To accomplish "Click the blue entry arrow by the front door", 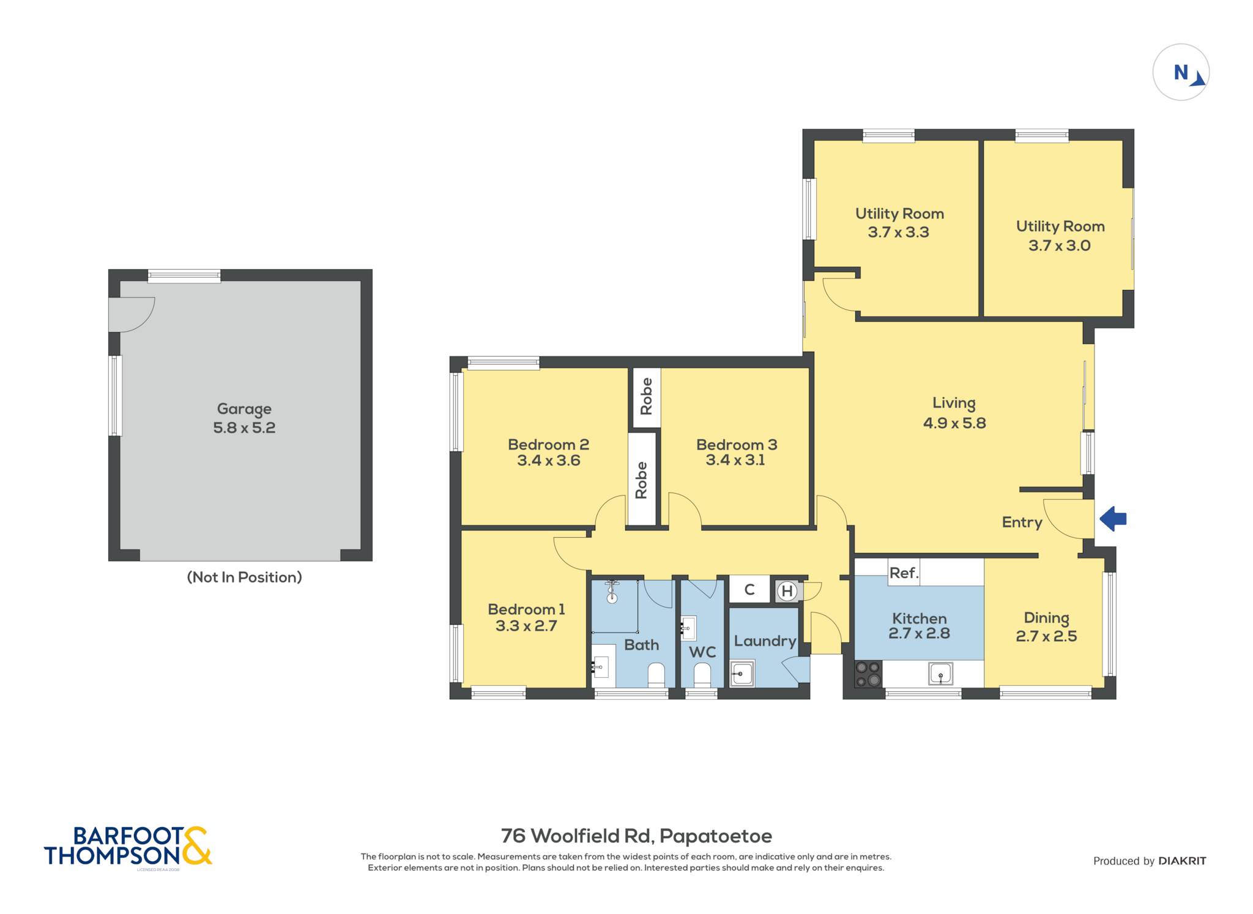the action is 1113,519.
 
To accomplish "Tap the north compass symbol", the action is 1181,72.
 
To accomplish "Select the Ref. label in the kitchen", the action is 904,573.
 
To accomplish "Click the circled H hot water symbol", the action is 787,592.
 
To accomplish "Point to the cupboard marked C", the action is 749,590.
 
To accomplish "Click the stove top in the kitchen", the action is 868,674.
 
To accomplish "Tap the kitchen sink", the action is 940,674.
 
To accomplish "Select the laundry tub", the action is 742,674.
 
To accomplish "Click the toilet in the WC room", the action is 702,675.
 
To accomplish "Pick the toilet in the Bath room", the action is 656,675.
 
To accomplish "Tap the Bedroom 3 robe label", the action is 646,396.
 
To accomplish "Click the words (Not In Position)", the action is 244,577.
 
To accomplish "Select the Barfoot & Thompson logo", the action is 128,846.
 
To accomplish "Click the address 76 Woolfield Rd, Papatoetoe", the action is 636,836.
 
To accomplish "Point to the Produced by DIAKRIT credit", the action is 1150,861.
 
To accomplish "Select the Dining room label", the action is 1046,618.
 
